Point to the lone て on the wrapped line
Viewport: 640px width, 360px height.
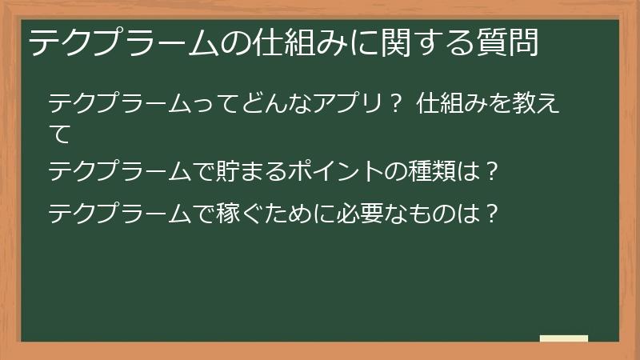click(x=60, y=133)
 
